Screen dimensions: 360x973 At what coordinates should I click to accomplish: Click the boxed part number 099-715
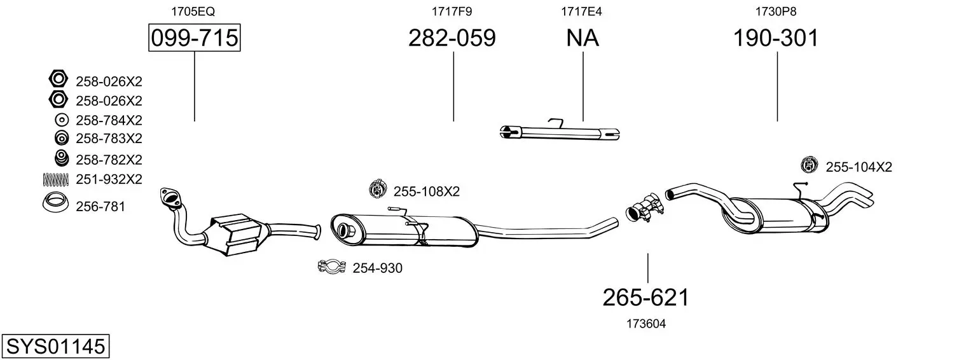[194, 38]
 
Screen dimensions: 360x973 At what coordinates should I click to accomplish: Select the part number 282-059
[452, 38]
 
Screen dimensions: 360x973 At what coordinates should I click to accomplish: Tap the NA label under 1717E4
[583, 38]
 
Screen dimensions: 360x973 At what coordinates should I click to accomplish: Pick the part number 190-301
[776, 38]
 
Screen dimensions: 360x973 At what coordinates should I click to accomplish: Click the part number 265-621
[645, 297]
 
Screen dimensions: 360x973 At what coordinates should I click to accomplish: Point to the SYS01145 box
[55, 347]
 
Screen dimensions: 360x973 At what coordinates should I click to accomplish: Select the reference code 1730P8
[775, 11]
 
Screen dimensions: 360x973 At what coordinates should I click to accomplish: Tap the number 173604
[645, 324]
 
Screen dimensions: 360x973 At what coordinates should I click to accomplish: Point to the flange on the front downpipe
[169, 197]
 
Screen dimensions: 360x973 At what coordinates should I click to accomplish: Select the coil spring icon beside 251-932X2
[55, 180]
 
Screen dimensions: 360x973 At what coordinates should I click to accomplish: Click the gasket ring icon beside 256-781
[56, 204]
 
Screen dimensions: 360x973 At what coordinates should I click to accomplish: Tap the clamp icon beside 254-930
[331, 267]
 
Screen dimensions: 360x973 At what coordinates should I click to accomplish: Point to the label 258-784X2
[109, 120]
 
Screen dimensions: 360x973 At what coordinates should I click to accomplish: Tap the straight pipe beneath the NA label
[560, 132]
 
